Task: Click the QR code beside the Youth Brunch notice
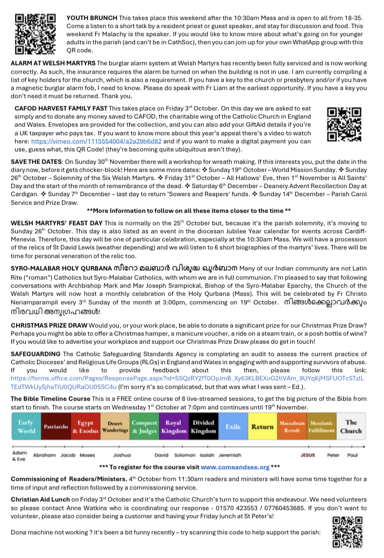pyautogui.click(x=34, y=32)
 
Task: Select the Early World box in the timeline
pyautogui.click(x=26, y=427)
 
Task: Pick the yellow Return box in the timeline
pyautogui.click(x=263, y=427)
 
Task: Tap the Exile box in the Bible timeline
pyautogui.click(x=233, y=427)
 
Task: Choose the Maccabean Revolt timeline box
pyautogui.click(x=292, y=427)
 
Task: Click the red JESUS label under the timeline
pyautogui.click(x=308, y=455)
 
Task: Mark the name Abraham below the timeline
pyautogui.click(x=45, y=455)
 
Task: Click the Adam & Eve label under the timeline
pyautogui.click(x=20, y=456)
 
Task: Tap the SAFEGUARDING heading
pyautogui.click(x=36, y=353)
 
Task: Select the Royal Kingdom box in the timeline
pyautogui.click(x=173, y=427)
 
